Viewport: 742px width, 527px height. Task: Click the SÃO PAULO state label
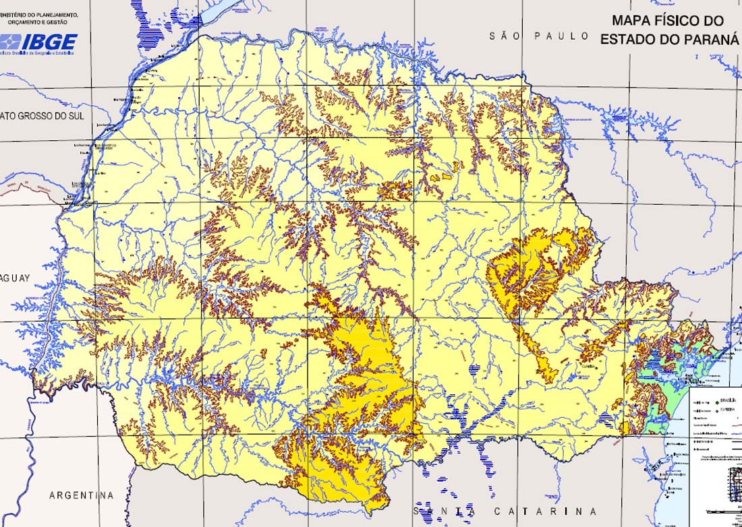[540, 36]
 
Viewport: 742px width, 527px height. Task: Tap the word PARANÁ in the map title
[712, 39]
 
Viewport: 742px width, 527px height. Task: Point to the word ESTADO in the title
[631, 39]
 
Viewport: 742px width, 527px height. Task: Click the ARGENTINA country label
[81, 495]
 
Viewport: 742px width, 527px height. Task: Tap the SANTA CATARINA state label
[506, 511]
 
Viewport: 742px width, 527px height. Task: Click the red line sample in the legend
[737, 426]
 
